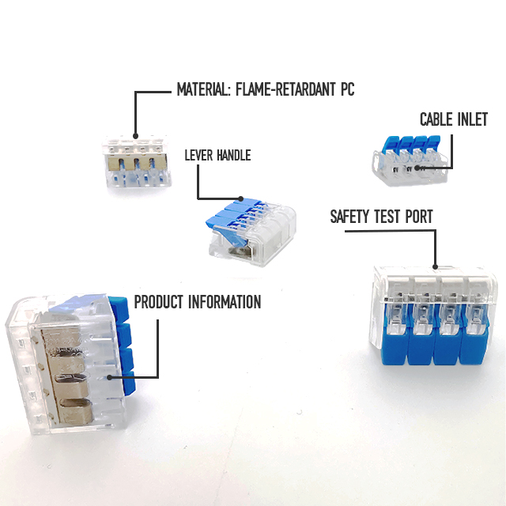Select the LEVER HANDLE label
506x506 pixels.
click(x=217, y=155)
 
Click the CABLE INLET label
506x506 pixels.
click(x=454, y=120)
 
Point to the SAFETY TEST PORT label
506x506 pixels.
click(x=382, y=216)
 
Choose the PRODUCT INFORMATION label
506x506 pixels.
click(x=198, y=302)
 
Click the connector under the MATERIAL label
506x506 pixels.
click(x=136, y=162)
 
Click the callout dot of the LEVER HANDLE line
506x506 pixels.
click(x=240, y=198)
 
